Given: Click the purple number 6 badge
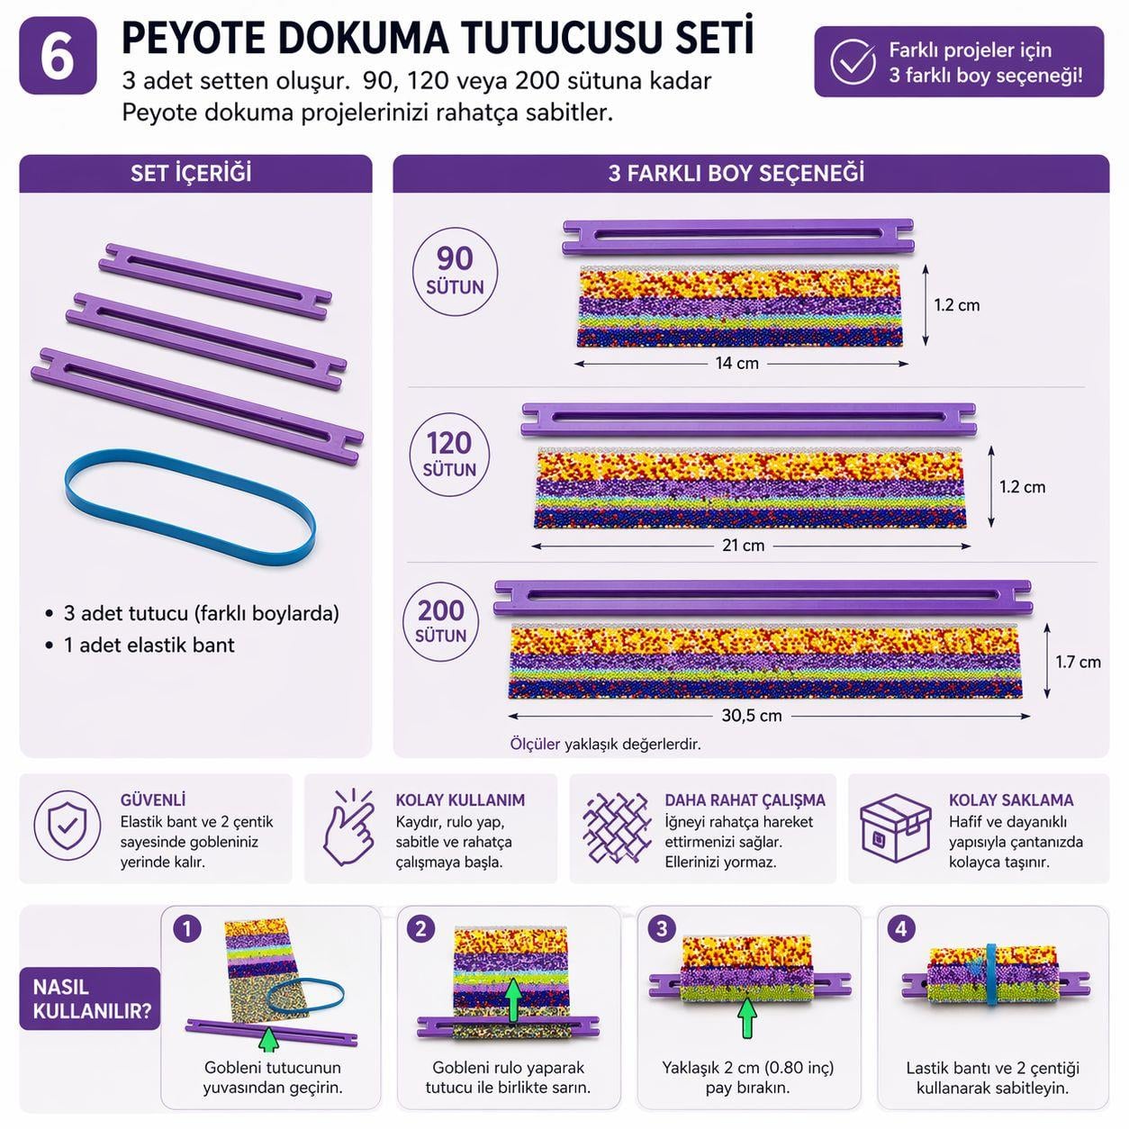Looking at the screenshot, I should pyautogui.click(x=58, y=56).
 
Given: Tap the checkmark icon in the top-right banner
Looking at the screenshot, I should pyautogui.click(x=852, y=61).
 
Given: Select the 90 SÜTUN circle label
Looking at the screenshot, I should pyautogui.click(x=455, y=270).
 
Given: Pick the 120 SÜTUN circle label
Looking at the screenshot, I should pyautogui.click(x=449, y=454).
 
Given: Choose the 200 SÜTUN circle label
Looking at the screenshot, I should pyautogui.click(x=441, y=620).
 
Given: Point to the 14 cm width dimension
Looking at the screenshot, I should pyautogui.click(x=737, y=364).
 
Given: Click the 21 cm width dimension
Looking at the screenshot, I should pyautogui.click(x=743, y=546).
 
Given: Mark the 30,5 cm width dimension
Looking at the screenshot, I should pyautogui.click(x=752, y=717).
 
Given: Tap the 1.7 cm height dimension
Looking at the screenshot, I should pyautogui.click(x=1078, y=663).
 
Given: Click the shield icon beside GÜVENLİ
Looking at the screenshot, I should pyautogui.click(x=67, y=826).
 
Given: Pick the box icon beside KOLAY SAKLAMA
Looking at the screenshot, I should pyautogui.click(x=894, y=828).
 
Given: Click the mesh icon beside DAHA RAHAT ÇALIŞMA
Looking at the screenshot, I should pyautogui.click(x=616, y=827).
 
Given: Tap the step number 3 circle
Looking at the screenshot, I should pyautogui.click(x=662, y=929).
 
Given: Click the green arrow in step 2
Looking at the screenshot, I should pyautogui.click(x=513, y=999).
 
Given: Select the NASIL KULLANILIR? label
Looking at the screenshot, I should pyautogui.click(x=90, y=998).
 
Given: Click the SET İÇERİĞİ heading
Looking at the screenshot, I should pyautogui.click(x=191, y=173).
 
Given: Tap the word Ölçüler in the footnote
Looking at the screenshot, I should pyautogui.click(x=535, y=745).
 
